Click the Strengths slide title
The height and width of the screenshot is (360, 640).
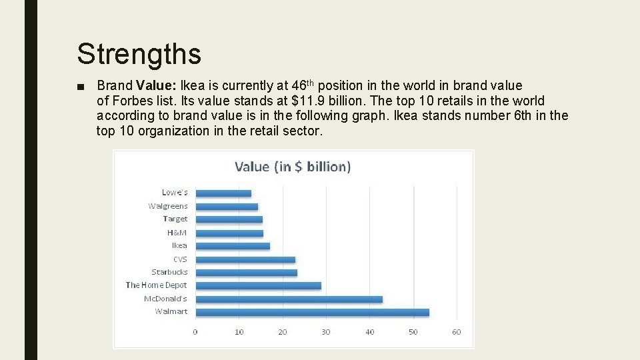tap(139, 53)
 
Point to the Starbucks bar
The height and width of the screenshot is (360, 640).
tap(246, 272)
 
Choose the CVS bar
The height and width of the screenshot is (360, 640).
tap(245, 259)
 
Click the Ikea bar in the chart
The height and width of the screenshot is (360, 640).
tap(233, 246)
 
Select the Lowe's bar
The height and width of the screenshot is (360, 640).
tap(223, 193)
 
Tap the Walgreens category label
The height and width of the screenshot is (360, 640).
tap(168, 206)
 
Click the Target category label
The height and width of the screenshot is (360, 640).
tap(175, 219)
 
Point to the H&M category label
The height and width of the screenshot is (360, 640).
tap(177, 233)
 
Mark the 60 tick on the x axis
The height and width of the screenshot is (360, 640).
tap(456, 332)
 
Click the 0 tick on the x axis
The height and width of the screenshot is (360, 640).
tap(195, 332)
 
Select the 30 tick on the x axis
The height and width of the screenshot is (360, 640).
tap(326, 332)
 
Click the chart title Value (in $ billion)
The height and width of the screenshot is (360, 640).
tap(293, 167)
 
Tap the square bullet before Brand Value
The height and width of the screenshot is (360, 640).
tap(81, 87)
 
